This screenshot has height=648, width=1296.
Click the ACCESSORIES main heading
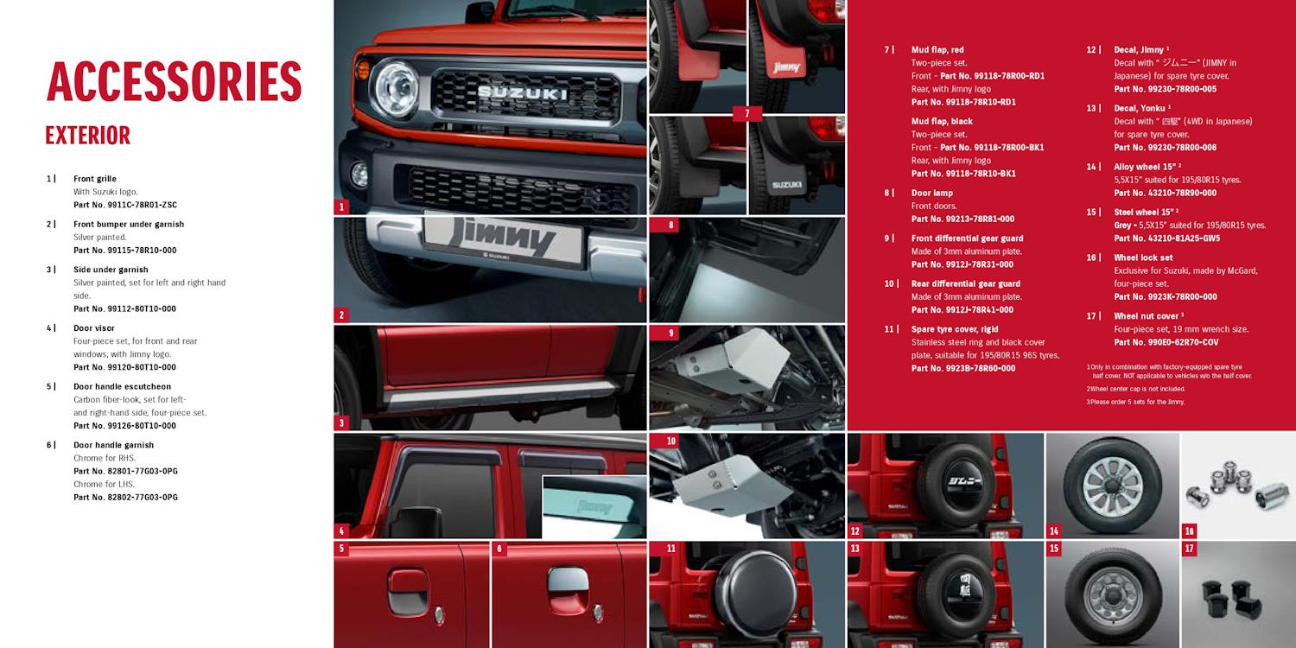[175, 81]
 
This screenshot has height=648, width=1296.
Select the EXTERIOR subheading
[88, 136]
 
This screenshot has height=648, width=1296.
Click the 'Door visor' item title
[93, 328]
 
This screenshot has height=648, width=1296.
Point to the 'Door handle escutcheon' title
[122, 386]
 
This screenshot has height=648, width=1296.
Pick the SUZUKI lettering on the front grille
[523, 93]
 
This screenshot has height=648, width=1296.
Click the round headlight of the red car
[396, 89]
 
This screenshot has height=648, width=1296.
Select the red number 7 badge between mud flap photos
[747, 113]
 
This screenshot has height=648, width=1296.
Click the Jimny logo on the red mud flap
[786, 67]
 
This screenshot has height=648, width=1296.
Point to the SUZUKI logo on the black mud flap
[786, 185]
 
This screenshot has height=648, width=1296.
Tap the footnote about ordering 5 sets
[1135, 402]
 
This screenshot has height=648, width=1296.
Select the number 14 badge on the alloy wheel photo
[1054, 530]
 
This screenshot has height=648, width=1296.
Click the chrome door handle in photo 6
[569, 581]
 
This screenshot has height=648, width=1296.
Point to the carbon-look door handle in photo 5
[408, 593]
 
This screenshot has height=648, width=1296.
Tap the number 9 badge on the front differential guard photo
[671, 333]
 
